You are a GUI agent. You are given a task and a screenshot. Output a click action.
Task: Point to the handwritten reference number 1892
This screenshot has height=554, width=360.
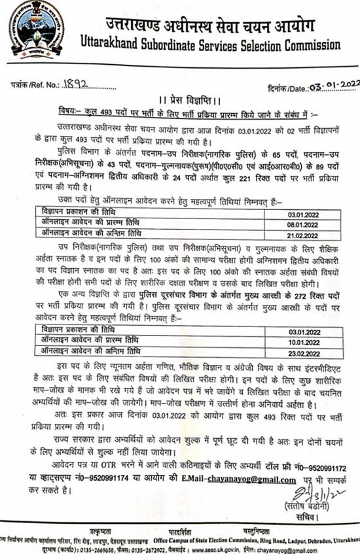(79, 85)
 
